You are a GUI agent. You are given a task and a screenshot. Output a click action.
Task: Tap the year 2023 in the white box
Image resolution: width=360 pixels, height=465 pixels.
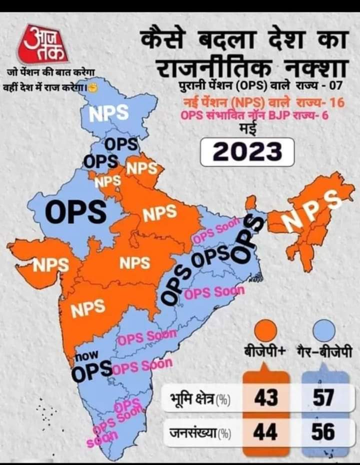(x=246, y=150)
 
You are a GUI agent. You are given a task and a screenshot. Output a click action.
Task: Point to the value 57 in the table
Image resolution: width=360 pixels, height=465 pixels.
(x=323, y=399)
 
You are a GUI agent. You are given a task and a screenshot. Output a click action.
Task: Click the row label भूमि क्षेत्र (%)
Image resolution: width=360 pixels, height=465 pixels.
(x=199, y=399)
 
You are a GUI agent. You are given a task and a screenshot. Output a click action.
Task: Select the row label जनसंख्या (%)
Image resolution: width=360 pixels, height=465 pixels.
(x=199, y=433)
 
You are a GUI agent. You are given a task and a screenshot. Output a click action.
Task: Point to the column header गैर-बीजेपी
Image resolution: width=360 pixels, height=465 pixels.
(x=324, y=351)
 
